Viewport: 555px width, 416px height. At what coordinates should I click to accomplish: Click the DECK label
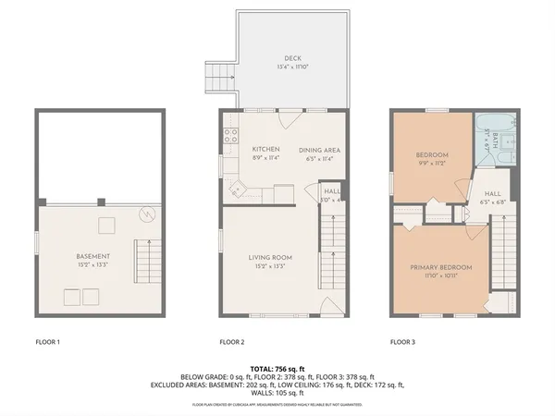(292, 58)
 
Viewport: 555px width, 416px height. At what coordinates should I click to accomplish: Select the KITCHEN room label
(266, 149)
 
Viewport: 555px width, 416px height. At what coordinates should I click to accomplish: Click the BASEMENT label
(93, 256)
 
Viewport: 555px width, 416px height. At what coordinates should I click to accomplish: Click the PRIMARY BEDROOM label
(441, 267)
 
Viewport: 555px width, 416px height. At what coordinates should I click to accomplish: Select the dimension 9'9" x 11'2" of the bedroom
(432, 163)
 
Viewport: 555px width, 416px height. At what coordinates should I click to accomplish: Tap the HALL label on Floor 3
(491, 194)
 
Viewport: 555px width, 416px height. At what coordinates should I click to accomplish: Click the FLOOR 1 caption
(47, 342)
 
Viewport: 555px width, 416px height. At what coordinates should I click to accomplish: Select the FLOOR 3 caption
(402, 342)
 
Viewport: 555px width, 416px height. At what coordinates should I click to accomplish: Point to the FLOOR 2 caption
(231, 342)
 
